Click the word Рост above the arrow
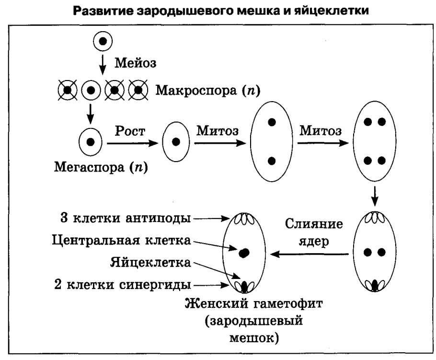(129, 131)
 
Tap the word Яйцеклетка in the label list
(150, 262)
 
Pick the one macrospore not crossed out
(90, 90)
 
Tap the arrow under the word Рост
(132, 142)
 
